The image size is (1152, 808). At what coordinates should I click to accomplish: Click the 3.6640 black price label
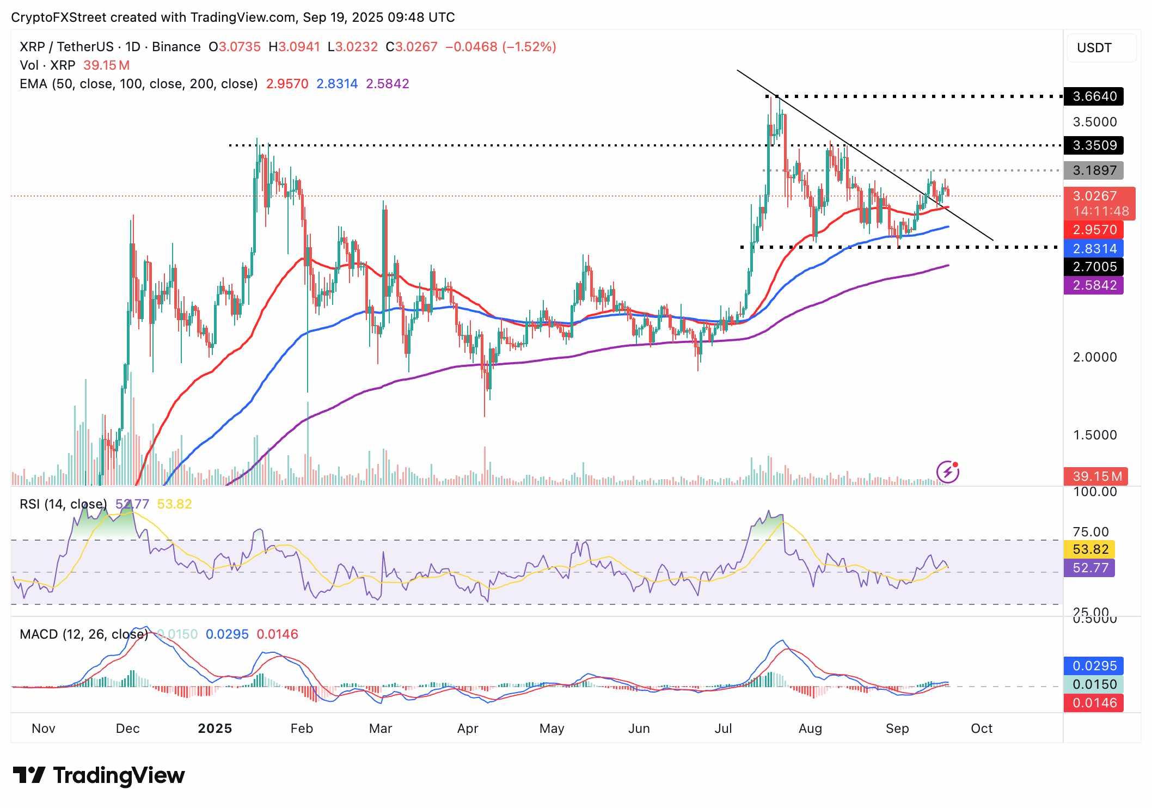pos(1094,96)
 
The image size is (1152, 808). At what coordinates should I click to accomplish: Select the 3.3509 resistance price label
pos(1094,145)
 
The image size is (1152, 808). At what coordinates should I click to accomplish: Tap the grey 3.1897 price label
pos(1094,170)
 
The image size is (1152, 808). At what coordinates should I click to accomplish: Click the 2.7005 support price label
pos(1094,267)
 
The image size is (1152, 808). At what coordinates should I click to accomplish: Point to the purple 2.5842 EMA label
pos(1094,285)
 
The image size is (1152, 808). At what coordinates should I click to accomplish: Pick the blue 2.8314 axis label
pos(1094,249)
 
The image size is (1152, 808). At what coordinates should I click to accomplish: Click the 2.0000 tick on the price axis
pos(1094,357)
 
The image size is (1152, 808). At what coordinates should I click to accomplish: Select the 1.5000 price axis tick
pos(1094,435)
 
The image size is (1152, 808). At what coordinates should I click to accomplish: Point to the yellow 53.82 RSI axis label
pos(1090,549)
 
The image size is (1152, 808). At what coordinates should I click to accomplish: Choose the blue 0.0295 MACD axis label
pos(1094,666)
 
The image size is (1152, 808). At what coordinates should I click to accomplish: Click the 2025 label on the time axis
pos(215,729)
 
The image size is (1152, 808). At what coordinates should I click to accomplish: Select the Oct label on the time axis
pos(982,729)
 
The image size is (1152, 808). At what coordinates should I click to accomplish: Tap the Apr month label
pos(468,729)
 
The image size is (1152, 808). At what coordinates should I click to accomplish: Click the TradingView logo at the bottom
pos(99,775)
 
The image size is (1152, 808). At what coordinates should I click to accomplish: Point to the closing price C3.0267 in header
pos(412,47)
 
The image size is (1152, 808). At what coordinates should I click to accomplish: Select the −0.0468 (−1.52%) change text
pos(501,47)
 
